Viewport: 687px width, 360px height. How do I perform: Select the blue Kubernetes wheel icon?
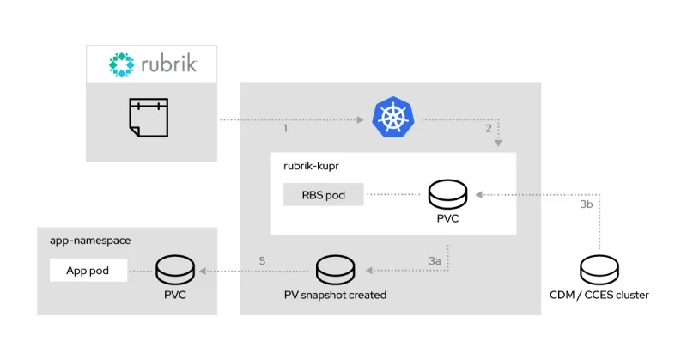coord(392,118)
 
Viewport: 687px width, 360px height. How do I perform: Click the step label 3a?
coord(435,259)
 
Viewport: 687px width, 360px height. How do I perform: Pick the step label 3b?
coord(587,205)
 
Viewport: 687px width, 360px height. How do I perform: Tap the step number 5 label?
coord(263,259)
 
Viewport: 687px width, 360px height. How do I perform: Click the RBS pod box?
coord(323,195)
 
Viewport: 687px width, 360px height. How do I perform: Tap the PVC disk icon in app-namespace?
coord(175,271)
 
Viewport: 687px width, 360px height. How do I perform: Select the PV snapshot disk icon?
coord(336,271)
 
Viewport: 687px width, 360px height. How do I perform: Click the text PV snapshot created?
coord(336,295)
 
